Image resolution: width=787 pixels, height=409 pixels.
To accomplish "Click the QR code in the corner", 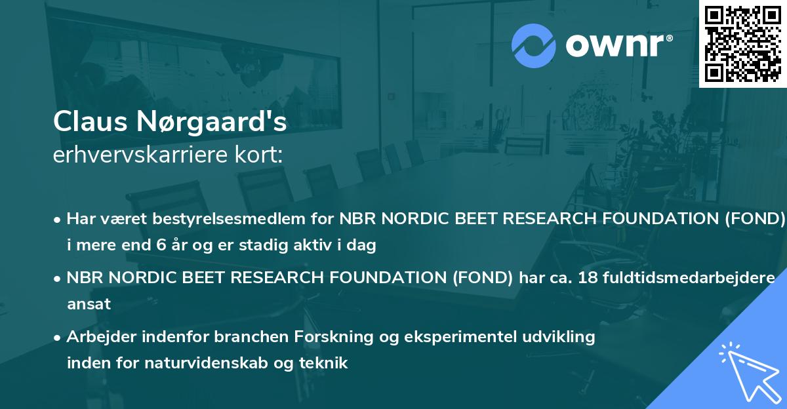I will pyautogui.click(x=742, y=43).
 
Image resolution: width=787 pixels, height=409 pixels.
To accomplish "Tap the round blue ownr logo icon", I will pyautogui.click(x=534, y=46).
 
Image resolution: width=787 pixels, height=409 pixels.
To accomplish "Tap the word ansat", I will pyautogui.click(x=89, y=304).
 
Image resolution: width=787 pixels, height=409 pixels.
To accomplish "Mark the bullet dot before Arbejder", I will pyautogui.click(x=58, y=337).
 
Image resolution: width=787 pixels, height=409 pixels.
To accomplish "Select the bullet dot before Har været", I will pyautogui.click(x=58, y=219).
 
